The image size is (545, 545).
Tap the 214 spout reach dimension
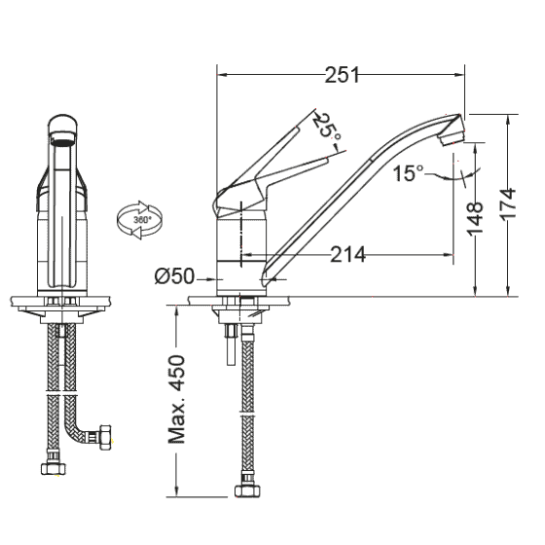[347, 255]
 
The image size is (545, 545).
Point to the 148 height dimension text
[475, 219]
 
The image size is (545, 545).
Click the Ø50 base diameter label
[175, 276]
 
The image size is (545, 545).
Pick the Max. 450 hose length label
[177, 398]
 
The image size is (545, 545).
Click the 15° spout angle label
[409, 174]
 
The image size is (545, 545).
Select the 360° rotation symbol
[139, 219]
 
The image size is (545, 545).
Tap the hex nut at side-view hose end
[245, 484]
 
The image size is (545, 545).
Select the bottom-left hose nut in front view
[52, 469]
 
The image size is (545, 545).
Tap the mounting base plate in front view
[63, 304]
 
